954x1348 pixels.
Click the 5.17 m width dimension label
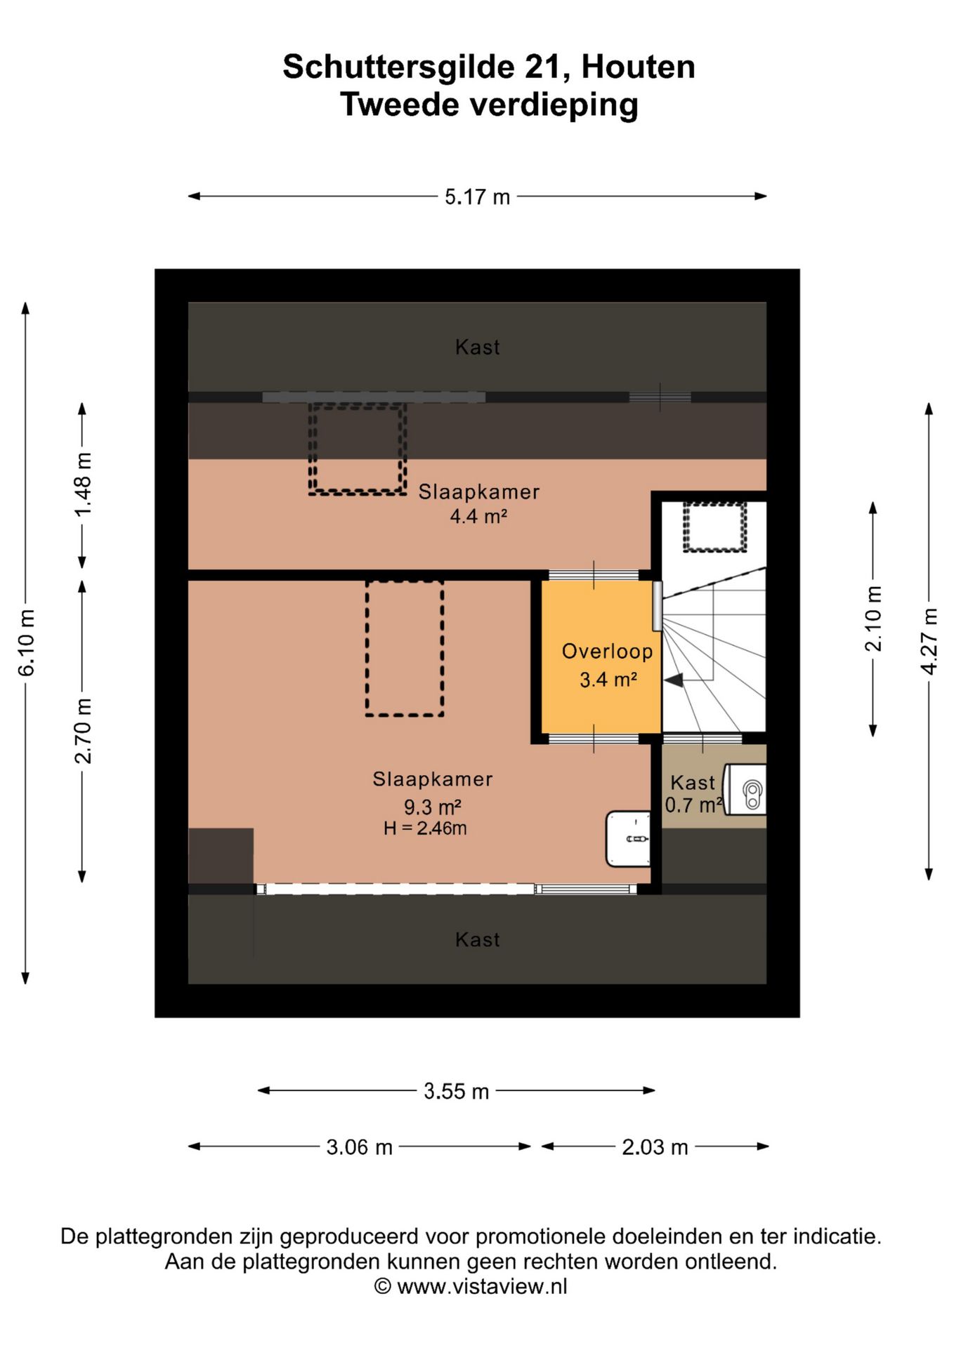pyautogui.click(x=477, y=197)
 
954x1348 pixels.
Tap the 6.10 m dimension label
pyautogui.click(x=27, y=643)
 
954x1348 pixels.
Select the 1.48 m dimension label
pyautogui.click(x=83, y=484)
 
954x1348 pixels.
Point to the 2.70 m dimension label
pyautogui.click(x=83, y=731)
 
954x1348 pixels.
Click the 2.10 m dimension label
pyautogui.click(x=873, y=619)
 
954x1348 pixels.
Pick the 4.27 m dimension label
pyautogui.click(x=929, y=642)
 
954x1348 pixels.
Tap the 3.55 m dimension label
pyautogui.click(x=456, y=1091)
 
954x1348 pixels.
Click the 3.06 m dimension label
pyautogui.click(x=359, y=1147)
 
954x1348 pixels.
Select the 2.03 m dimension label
pyautogui.click(x=655, y=1147)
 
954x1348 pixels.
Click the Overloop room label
pyautogui.click(x=607, y=652)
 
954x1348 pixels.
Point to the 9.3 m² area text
pyautogui.click(x=432, y=807)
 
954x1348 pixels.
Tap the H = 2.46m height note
pyautogui.click(x=425, y=828)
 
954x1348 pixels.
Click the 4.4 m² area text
pyautogui.click(x=478, y=517)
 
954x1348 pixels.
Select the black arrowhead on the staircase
pyautogui.click(x=674, y=680)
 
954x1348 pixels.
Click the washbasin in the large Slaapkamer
pyautogui.click(x=628, y=839)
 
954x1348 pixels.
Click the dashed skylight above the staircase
pyautogui.click(x=714, y=527)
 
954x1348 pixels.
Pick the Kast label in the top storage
pyautogui.click(x=478, y=347)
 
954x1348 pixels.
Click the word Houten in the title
pyautogui.click(x=639, y=67)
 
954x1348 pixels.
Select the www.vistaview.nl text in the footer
pyautogui.click(x=482, y=1286)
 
